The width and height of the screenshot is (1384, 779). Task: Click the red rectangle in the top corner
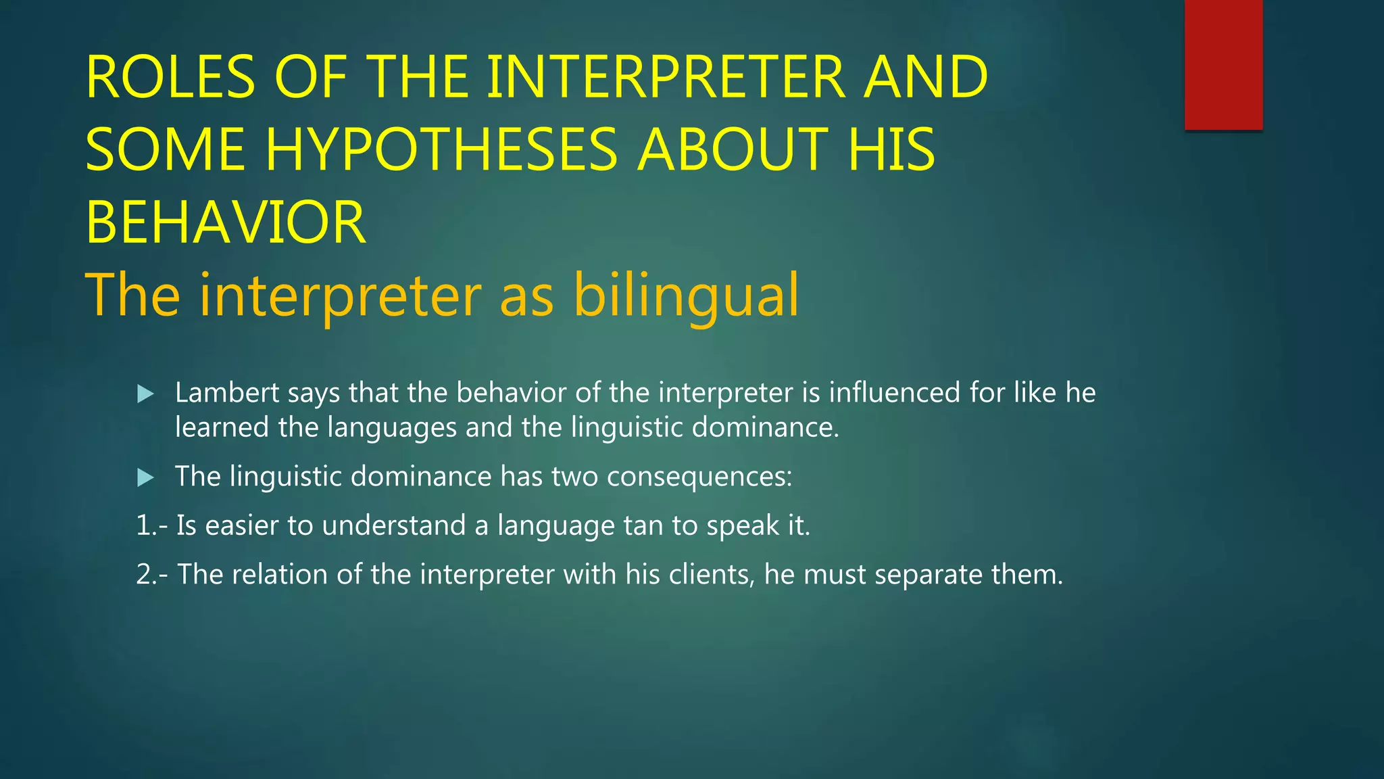pyautogui.click(x=1223, y=64)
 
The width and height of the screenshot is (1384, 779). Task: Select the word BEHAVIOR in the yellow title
pyautogui.click(x=226, y=222)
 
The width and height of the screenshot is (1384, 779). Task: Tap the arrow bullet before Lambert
pyautogui.click(x=145, y=394)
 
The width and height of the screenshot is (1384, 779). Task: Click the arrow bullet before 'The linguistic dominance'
pyautogui.click(x=145, y=478)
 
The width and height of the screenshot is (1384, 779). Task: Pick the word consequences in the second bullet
pyautogui.click(x=699, y=477)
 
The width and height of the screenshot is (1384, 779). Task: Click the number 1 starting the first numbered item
pyautogui.click(x=143, y=526)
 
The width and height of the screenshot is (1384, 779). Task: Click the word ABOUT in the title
pyautogui.click(x=733, y=149)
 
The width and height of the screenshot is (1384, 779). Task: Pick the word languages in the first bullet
pyautogui.click(x=392, y=428)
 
